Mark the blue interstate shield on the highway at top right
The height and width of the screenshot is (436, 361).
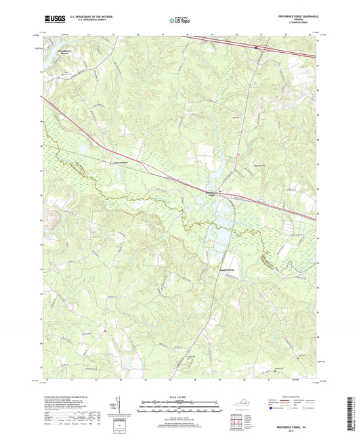(255, 47)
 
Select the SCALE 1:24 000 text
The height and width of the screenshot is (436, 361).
(179, 397)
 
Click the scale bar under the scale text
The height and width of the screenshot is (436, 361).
(179, 408)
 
